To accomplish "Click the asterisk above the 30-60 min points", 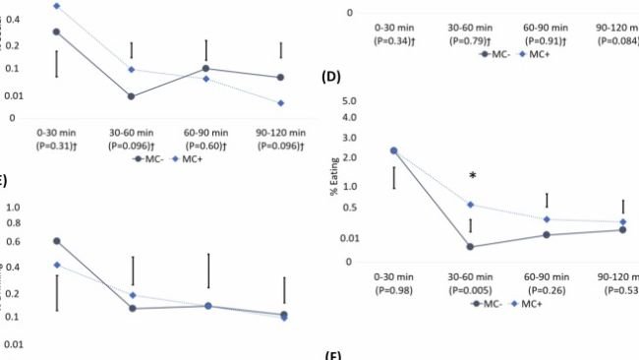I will (473, 176).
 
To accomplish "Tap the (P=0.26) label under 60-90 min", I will (554, 290).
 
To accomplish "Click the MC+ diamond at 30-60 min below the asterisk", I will (472, 205).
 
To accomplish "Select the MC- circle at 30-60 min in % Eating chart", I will (472, 247).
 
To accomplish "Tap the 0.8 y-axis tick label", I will (15, 224).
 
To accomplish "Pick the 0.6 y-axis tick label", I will (15, 240).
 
